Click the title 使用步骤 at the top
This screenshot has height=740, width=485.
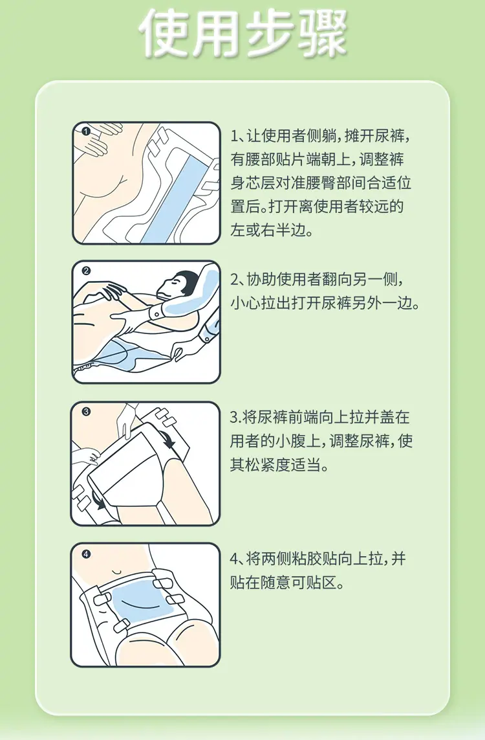tap(242, 34)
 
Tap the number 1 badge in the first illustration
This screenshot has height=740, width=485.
tap(85, 131)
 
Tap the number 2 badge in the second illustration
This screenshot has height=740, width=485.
tap(85, 271)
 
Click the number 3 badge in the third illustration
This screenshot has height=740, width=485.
tap(85, 411)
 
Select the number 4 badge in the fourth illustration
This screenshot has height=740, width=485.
tap(85, 554)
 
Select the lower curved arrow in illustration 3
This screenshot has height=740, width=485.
tap(98, 500)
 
